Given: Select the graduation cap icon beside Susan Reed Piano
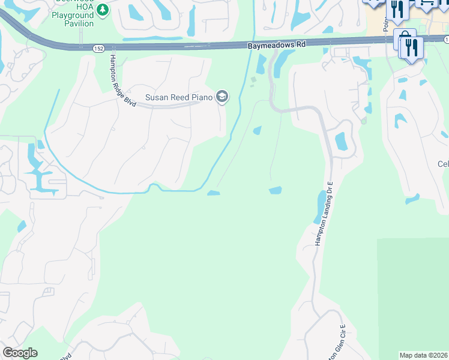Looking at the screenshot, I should coord(222,97).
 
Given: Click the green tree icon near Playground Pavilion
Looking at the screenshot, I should coord(103,10).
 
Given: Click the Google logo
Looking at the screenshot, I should coord(20,353).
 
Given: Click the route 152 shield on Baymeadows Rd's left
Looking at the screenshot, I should coord(97,47).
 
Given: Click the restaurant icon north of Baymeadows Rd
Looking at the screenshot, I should coord(397,8).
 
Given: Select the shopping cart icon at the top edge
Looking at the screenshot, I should coord(426,4).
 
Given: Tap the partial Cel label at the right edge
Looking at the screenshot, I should coord(443,164).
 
